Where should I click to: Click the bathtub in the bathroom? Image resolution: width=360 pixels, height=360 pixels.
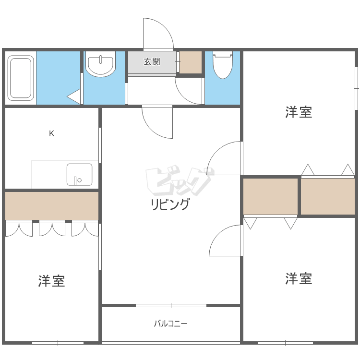click(21, 78)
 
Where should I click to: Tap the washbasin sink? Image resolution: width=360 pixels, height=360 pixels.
click(101, 64)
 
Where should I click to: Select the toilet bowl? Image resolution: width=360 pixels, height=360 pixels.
click(223, 65)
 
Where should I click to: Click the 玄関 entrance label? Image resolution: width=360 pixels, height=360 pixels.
click(152, 61)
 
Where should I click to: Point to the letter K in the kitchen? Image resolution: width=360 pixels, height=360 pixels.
click(52, 133)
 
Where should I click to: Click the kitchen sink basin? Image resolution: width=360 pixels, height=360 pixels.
click(79, 175)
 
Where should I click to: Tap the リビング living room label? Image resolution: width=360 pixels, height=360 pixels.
click(170, 204)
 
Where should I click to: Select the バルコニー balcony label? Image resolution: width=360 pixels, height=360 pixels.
click(170, 324)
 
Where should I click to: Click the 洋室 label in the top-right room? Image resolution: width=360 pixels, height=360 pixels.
click(299, 112)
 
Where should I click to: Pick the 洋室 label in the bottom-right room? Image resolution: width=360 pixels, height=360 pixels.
click(299, 278)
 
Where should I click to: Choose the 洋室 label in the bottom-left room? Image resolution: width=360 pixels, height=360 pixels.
click(52, 281)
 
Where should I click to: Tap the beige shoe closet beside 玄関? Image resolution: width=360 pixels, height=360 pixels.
click(191, 62)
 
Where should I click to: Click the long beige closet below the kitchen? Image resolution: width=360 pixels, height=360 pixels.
click(52, 206)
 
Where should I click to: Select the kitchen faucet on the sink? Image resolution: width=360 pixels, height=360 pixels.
click(75, 180)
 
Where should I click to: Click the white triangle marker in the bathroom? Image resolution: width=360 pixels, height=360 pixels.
click(74, 96)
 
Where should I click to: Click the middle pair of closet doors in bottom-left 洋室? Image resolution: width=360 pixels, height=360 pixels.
click(52, 228)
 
